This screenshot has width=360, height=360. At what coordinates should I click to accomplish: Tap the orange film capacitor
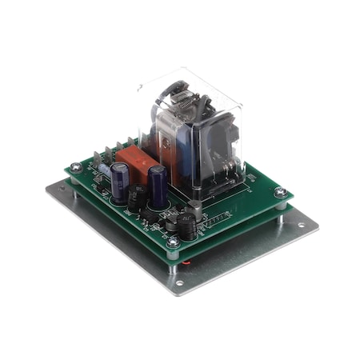tap(136, 164)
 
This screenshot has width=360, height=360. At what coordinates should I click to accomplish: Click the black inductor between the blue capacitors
tap(138, 198)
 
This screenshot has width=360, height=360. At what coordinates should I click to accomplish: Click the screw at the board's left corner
tap(74, 168)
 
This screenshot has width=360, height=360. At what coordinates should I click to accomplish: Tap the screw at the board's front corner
tap(172, 239)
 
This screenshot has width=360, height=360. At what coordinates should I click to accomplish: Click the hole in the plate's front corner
tap(178, 282)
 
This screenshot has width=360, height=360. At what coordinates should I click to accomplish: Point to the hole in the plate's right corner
tap(301, 225)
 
